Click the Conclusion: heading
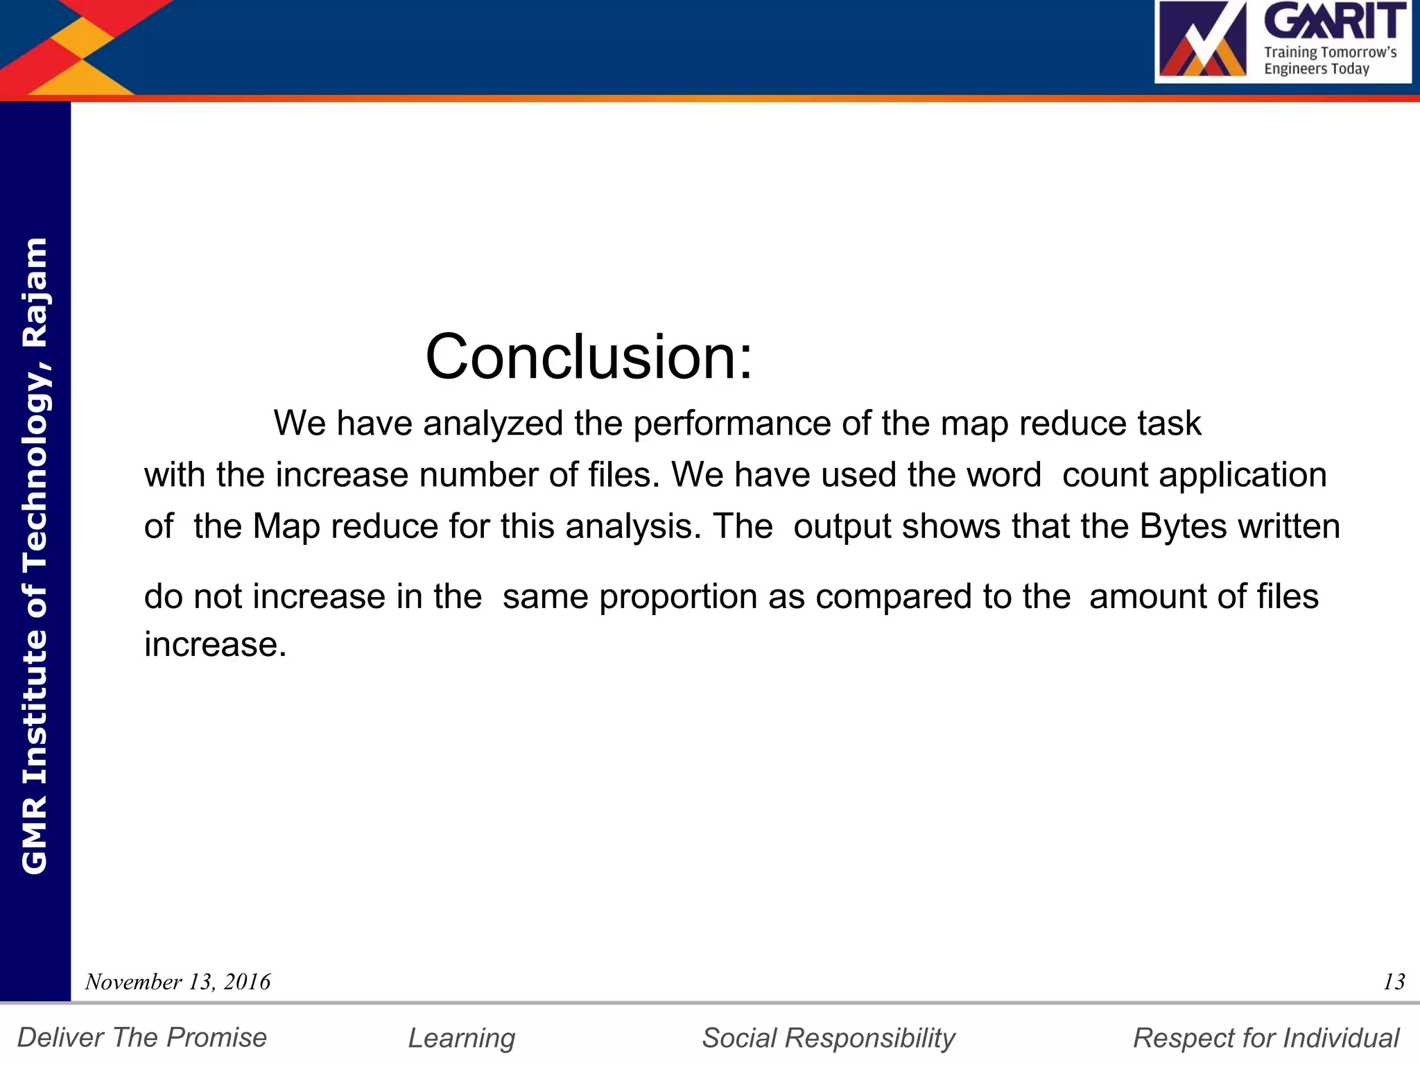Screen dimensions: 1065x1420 588,357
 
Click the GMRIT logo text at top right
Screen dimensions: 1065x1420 1335,21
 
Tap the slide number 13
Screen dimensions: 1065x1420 1394,982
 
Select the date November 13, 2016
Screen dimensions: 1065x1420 177,982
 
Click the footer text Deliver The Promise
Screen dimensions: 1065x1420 142,1038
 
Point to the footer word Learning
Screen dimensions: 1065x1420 461,1038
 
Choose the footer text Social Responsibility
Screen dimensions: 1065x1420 829,1038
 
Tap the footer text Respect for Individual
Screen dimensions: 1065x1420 1265,1038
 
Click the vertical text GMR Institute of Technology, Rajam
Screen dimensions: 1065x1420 35,555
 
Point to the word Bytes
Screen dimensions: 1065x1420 1183,526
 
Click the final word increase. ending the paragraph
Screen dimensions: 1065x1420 215,644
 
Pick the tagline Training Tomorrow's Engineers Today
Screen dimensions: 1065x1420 1329,60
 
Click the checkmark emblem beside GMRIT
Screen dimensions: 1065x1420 1203,40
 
